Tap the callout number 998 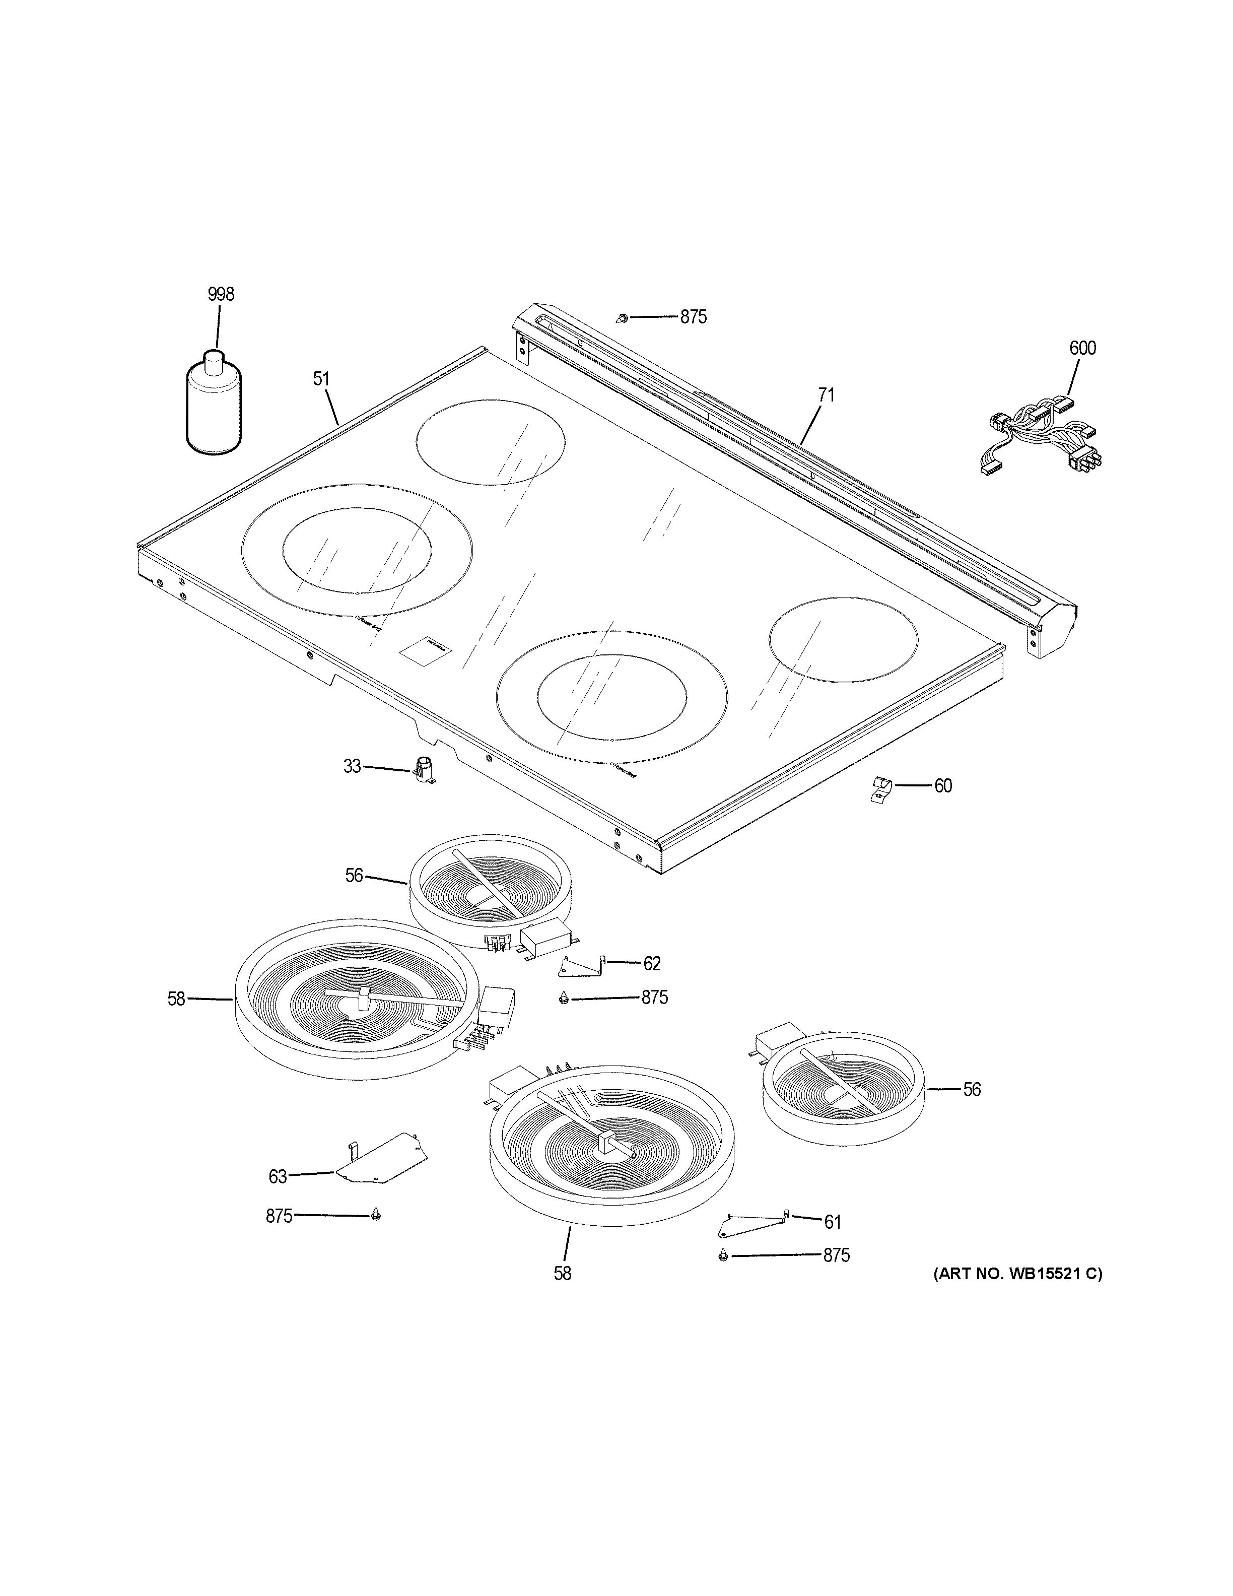point(221,295)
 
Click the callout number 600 point(1082,348)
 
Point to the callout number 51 point(321,379)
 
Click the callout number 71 point(826,395)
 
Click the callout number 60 point(943,786)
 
